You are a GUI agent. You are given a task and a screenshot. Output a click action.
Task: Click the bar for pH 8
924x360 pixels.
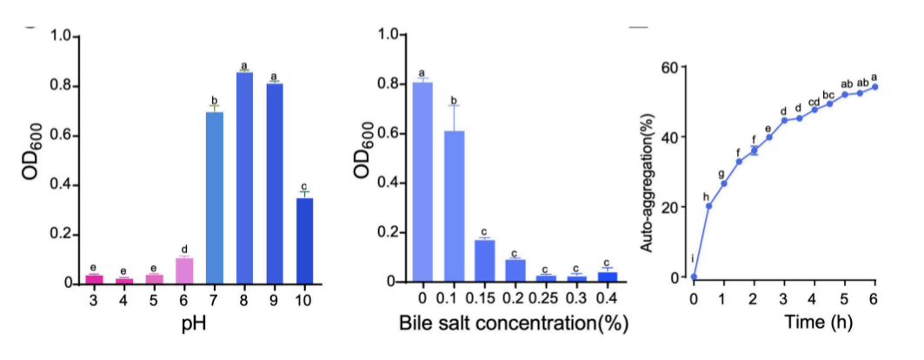pos(244,178)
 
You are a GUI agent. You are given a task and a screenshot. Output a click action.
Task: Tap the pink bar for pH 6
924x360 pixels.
pos(184,270)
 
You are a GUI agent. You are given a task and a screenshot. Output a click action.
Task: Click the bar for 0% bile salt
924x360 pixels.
pos(422,183)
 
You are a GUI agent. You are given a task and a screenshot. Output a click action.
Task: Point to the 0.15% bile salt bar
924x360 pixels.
pos(485,260)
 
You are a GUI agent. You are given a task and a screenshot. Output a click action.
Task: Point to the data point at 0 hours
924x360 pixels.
pos(694,277)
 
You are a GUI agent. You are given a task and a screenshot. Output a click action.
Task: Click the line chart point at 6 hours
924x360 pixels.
pos(874,86)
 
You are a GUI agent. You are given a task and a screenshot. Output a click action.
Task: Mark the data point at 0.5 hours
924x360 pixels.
pos(708,206)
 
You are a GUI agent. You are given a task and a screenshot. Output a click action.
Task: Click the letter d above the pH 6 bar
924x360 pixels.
pos(184,250)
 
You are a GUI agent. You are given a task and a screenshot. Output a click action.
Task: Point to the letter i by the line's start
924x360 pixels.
pos(693,258)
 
